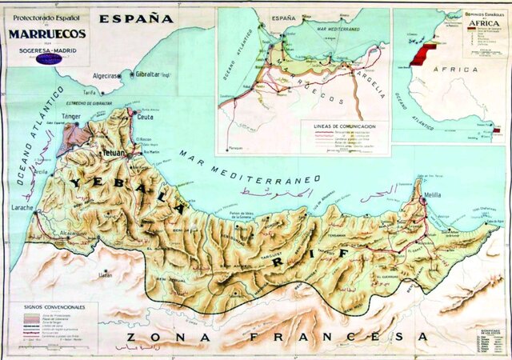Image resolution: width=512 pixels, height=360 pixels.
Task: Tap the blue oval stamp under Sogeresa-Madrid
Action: (47, 58)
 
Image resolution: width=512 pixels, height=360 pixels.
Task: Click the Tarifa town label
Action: (100, 93)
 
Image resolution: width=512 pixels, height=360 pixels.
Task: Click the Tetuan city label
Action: (113, 151)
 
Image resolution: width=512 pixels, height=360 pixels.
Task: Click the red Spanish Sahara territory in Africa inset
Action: (420, 52)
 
